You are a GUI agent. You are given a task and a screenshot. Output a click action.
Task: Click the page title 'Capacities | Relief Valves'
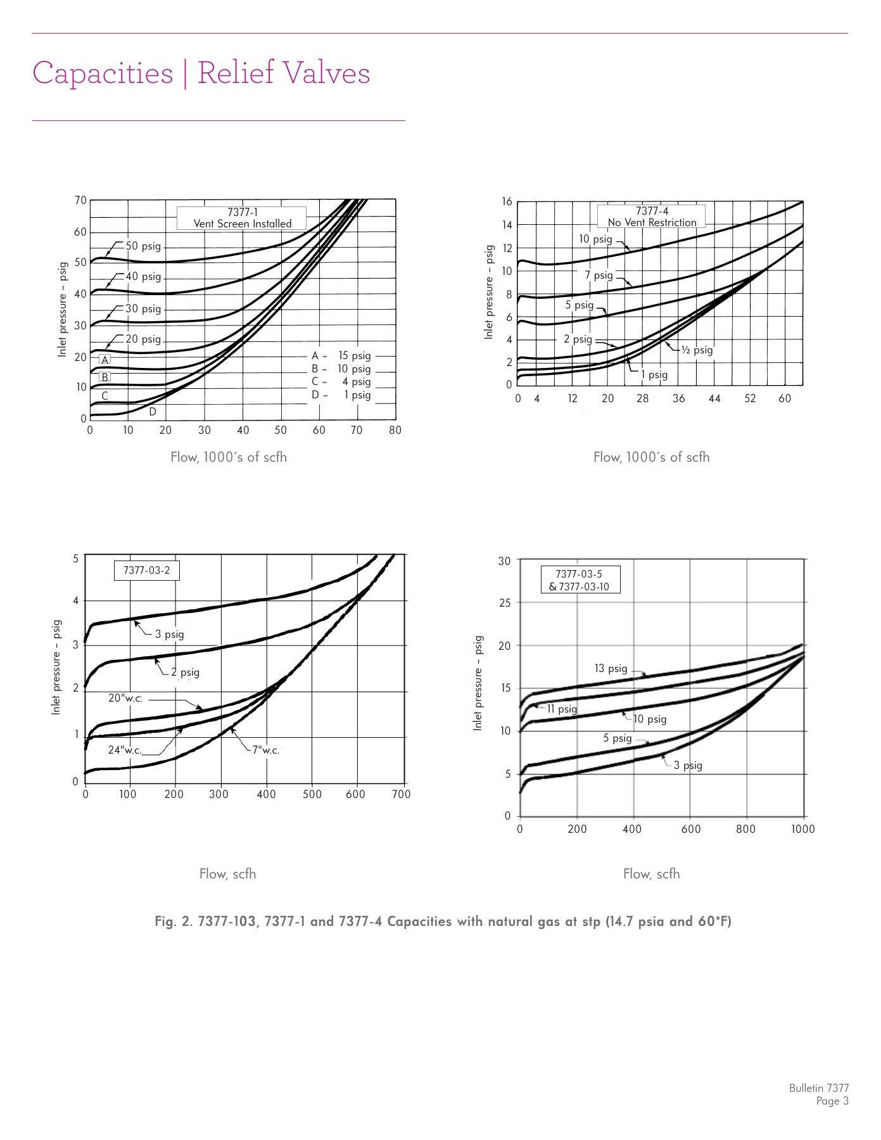(201, 73)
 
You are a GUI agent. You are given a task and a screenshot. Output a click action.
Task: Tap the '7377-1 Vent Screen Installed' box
(242, 218)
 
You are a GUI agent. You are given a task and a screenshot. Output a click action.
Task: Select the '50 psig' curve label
(143, 246)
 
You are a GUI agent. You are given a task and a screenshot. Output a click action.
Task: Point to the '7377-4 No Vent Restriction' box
(652, 217)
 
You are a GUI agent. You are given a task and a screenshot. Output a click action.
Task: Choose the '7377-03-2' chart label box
(146, 570)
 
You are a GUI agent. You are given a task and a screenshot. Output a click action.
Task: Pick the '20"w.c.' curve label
(125, 699)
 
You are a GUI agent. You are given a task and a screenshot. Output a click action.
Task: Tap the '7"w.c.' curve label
(265, 750)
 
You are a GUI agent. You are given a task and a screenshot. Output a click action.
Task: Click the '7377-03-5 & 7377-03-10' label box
(579, 580)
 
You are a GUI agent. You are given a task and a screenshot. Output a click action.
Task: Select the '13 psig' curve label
(611, 669)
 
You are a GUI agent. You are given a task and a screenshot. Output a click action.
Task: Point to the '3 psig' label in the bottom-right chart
(688, 766)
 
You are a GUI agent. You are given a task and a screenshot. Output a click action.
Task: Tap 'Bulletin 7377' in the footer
(818, 1088)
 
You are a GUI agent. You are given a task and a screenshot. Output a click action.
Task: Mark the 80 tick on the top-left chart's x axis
(395, 431)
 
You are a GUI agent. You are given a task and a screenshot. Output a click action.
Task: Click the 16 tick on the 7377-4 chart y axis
(507, 201)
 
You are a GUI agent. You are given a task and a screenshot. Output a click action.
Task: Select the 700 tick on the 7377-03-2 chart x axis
(402, 794)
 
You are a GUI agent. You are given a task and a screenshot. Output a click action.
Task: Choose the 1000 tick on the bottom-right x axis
(803, 829)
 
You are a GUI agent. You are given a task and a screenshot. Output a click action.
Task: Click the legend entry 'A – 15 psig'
(341, 356)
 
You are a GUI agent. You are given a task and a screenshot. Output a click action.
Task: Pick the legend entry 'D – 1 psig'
(341, 395)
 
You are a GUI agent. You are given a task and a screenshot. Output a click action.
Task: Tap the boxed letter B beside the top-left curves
(105, 377)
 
